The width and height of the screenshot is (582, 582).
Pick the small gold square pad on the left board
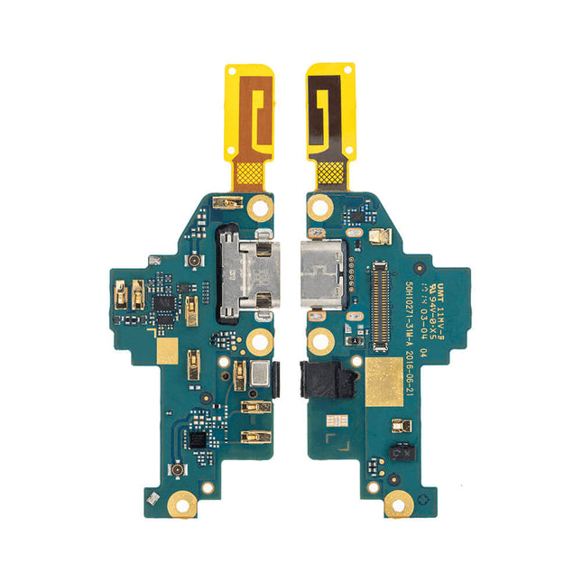[x=168, y=352]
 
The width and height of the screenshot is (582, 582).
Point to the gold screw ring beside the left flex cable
[x=261, y=207]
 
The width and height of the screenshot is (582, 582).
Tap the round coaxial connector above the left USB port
[x=193, y=260]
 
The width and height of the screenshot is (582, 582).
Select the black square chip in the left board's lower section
[x=196, y=440]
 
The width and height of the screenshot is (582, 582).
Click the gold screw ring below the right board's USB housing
[x=319, y=341]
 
